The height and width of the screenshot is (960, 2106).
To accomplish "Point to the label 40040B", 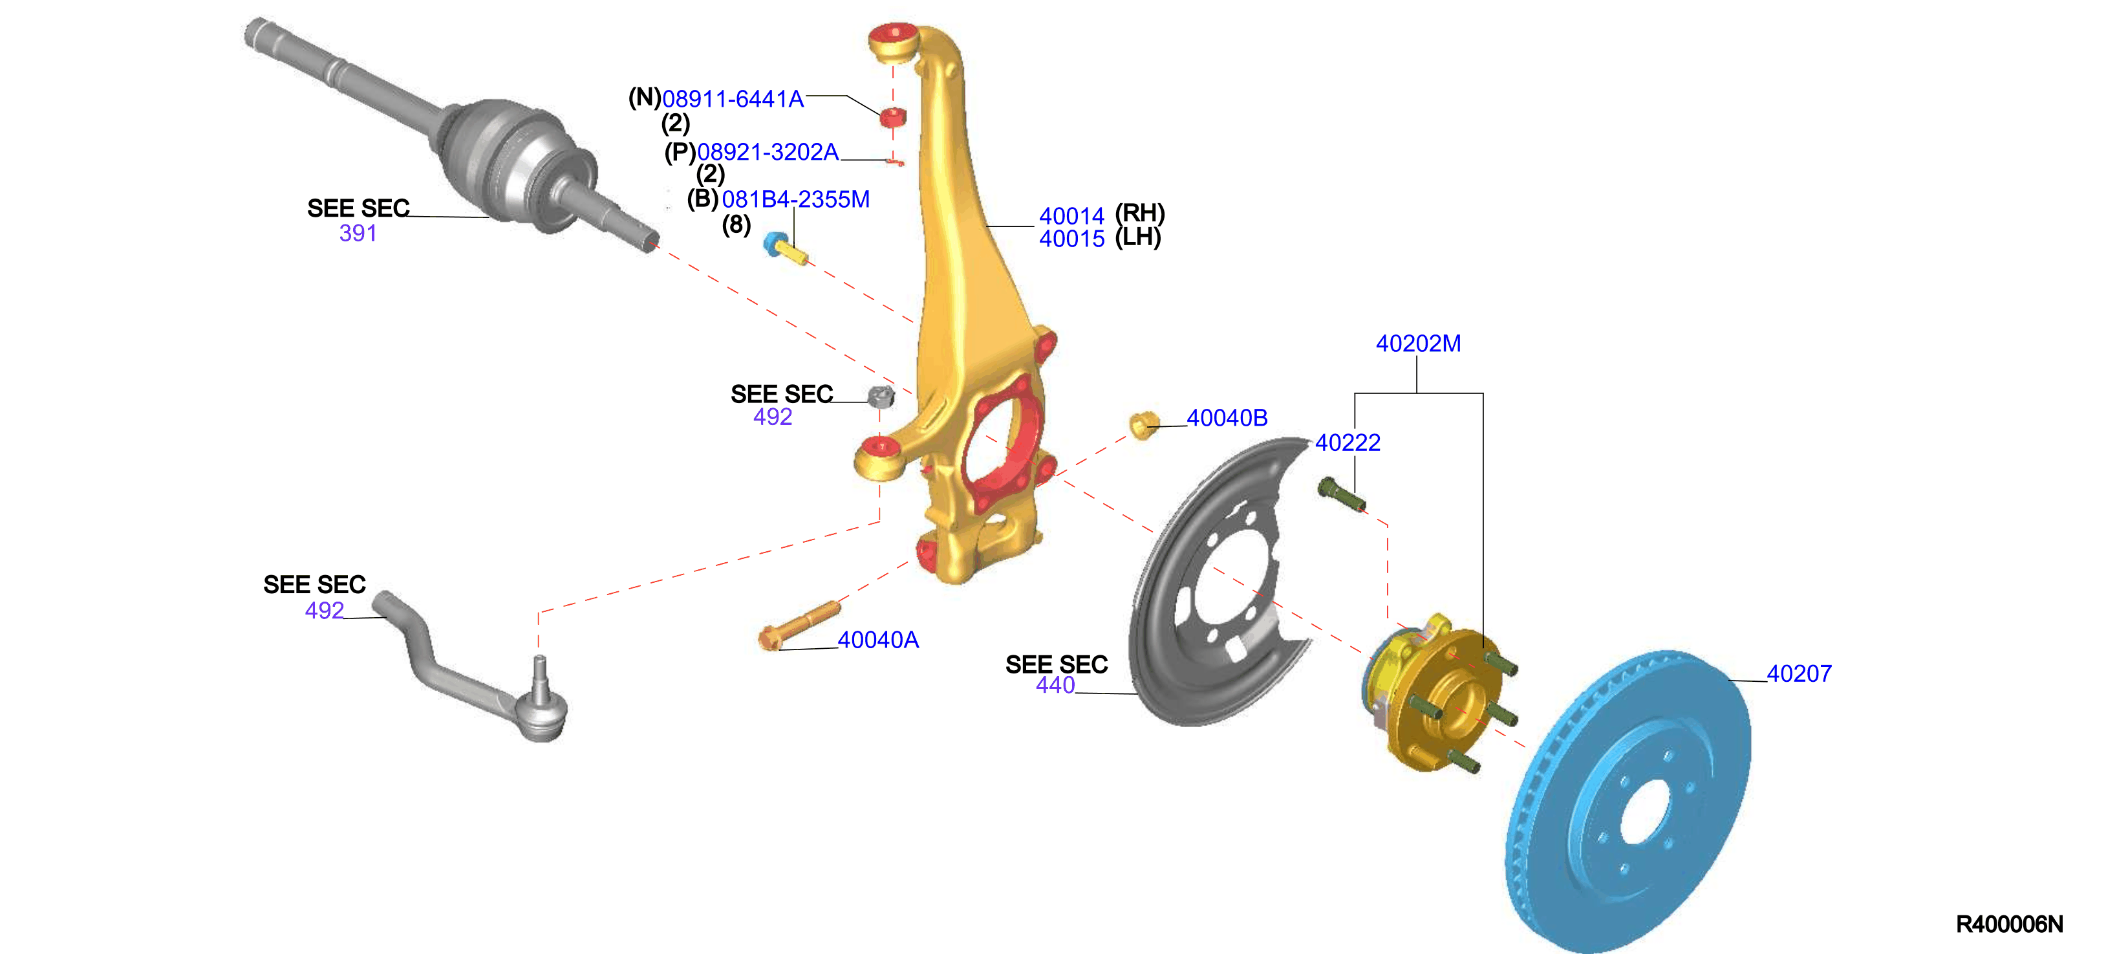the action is [1227, 418].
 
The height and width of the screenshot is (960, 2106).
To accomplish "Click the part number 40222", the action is [1348, 442].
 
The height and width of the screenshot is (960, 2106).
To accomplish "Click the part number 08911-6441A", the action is [733, 99].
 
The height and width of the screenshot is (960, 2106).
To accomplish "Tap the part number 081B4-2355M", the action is [795, 199].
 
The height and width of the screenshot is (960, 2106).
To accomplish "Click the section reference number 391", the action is [358, 233].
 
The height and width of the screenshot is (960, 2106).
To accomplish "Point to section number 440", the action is [1055, 685].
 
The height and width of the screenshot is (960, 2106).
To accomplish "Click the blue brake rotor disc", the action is [1627, 802].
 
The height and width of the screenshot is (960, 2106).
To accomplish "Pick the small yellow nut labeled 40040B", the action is [1143, 424].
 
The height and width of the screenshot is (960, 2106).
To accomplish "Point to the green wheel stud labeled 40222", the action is [1341, 494].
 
